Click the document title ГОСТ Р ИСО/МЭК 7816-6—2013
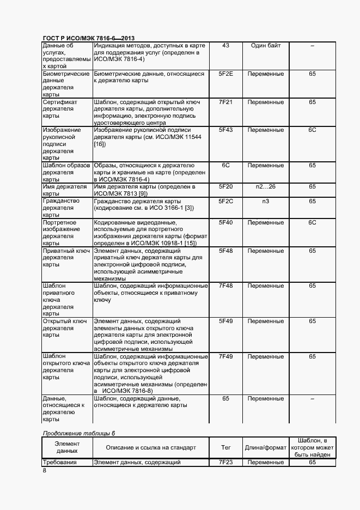pos(88,38)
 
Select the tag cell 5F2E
pos(225,74)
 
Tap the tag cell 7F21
pos(225,102)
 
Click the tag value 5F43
pos(225,130)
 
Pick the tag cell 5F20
pos(225,187)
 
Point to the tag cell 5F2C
pos(225,201)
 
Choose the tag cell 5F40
pos(225,222)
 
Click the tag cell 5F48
pos(225,251)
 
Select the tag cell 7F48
pos(225,286)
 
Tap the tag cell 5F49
pos(225,321)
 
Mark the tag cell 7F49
pos(225,356)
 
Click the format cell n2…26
pos(266,187)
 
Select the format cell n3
pos(266,201)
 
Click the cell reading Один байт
pos(266,45)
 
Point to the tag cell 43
pos(225,45)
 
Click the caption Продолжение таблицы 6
pos(79,433)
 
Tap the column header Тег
pos(225,447)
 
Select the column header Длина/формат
pos(266,447)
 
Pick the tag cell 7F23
pos(225,463)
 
